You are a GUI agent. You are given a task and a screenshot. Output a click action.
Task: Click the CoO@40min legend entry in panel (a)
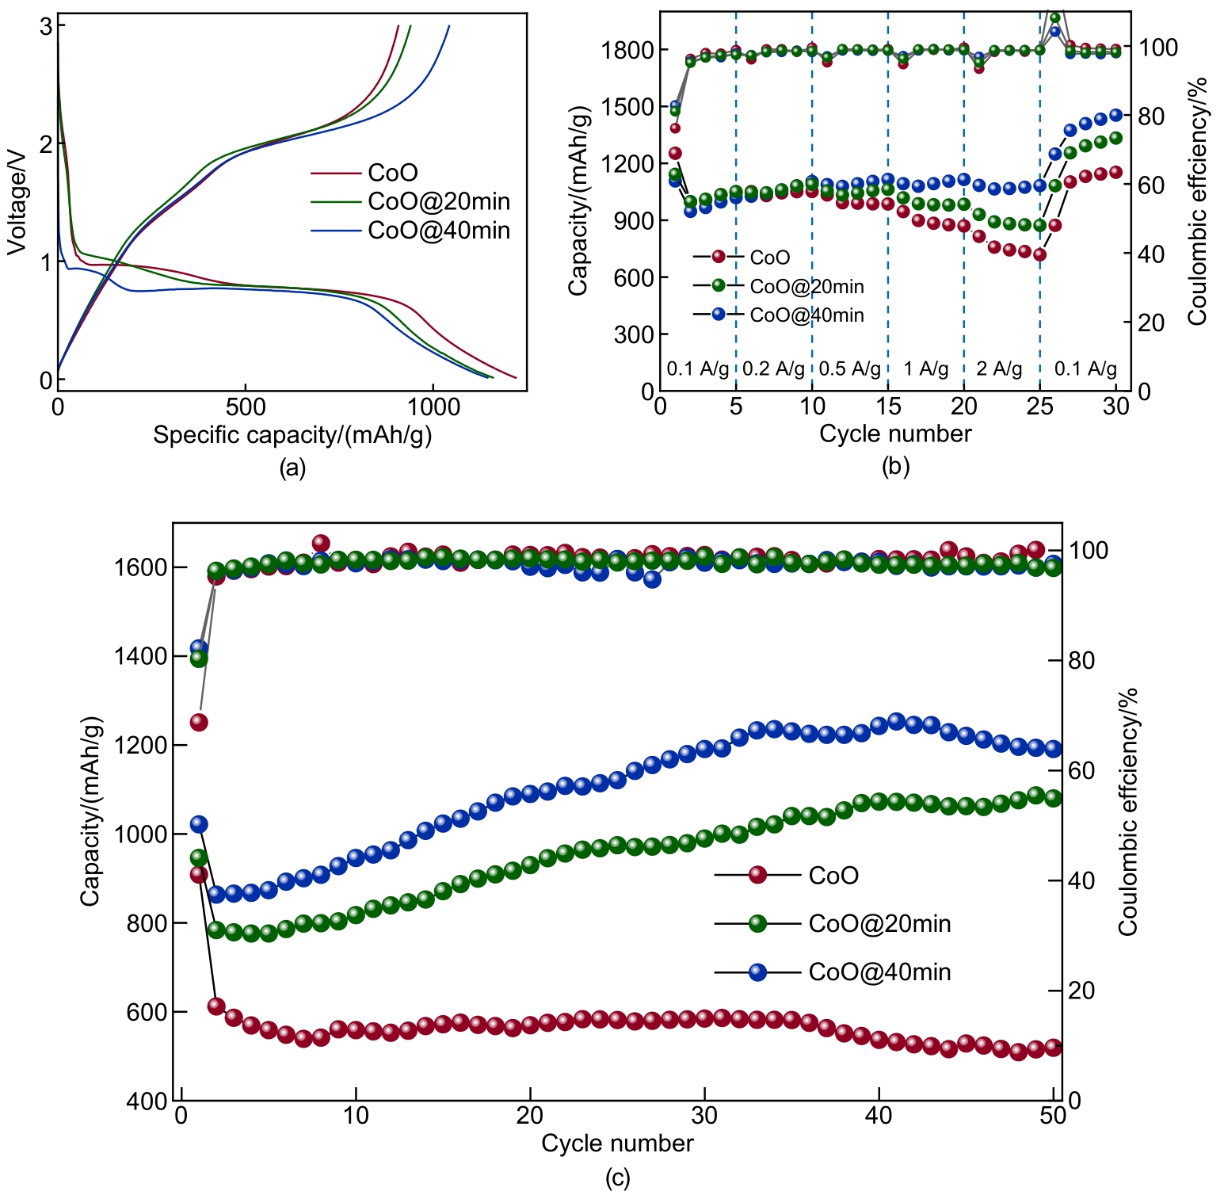click(438, 231)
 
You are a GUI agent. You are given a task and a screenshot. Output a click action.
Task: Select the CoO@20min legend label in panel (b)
click(806, 286)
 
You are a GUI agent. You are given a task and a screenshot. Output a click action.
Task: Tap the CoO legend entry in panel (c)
click(833, 876)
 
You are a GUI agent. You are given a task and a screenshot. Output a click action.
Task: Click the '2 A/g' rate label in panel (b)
click(999, 368)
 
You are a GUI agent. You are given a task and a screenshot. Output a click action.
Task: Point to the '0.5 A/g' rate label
click(849, 368)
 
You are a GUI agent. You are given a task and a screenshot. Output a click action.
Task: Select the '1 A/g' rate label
click(925, 368)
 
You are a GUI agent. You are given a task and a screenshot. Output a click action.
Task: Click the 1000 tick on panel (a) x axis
click(433, 407)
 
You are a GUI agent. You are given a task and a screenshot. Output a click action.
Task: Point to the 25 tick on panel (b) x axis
click(1039, 407)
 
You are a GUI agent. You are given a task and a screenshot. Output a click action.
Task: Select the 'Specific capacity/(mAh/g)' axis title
click(292, 435)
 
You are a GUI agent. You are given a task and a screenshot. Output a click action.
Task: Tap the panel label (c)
click(617, 1178)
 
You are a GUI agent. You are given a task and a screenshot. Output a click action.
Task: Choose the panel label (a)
click(292, 468)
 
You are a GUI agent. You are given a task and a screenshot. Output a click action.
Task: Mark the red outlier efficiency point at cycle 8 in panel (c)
click(321, 544)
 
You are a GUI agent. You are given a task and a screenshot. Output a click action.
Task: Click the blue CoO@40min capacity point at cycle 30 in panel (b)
click(1116, 115)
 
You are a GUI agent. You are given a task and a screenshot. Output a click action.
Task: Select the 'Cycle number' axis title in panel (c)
click(617, 1143)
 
